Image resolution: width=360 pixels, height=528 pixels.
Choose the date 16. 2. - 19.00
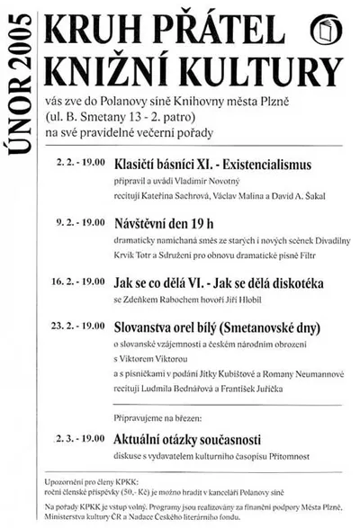tap(78, 282)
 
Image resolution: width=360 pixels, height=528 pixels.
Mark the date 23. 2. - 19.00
tap(78, 325)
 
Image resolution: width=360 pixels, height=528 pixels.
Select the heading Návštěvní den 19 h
tap(167, 220)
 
